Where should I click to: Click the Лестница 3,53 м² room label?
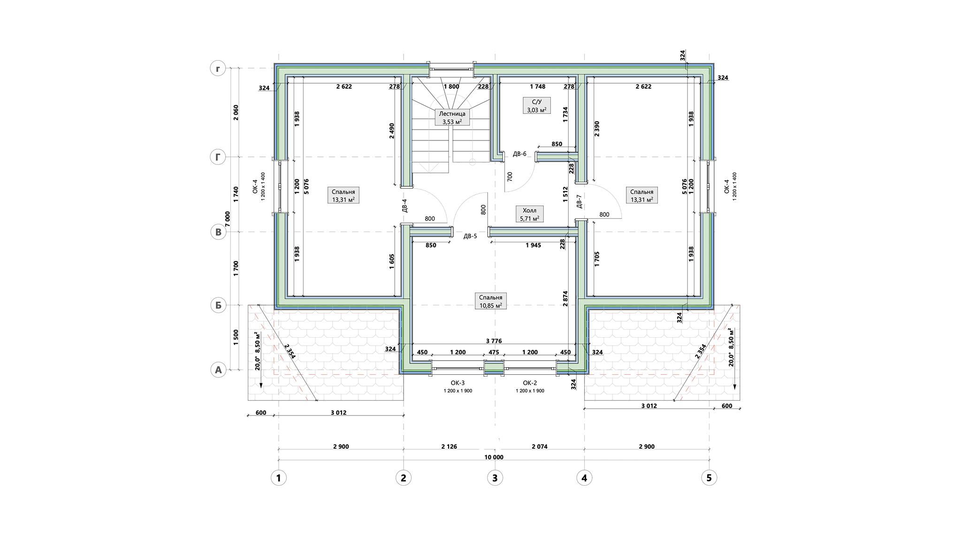pyautogui.click(x=452, y=117)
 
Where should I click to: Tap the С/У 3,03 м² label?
pyautogui.click(x=536, y=106)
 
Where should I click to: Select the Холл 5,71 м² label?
pyautogui.click(x=529, y=214)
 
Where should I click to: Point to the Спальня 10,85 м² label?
pyautogui.click(x=491, y=301)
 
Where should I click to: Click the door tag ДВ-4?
pyautogui.click(x=404, y=206)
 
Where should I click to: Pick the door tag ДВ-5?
pyautogui.click(x=470, y=236)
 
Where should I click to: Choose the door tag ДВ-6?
pyautogui.click(x=519, y=154)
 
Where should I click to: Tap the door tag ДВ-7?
pyautogui.click(x=579, y=201)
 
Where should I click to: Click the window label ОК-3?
pyautogui.click(x=458, y=383)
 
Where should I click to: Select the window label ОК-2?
pyautogui.click(x=530, y=383)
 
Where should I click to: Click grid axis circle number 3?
pyautogui.click(x=495, y=478)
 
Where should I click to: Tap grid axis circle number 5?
pyautogui.click(x=709, y=478)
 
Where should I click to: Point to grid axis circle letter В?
pyautogui.click(x=218, y=232)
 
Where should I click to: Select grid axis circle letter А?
pyautogui.click(x=218, y=370)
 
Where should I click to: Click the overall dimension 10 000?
pyautogui.click(x=494, y=457)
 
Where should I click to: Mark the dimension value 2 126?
pyautogui.click(x=449, y=447)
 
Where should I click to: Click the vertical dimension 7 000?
pyautogui.click(x=228, y=219)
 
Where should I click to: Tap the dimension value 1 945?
pyautogui.click(x=534, y=245)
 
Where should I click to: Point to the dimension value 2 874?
pyautogui.click(x=565, y=299)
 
